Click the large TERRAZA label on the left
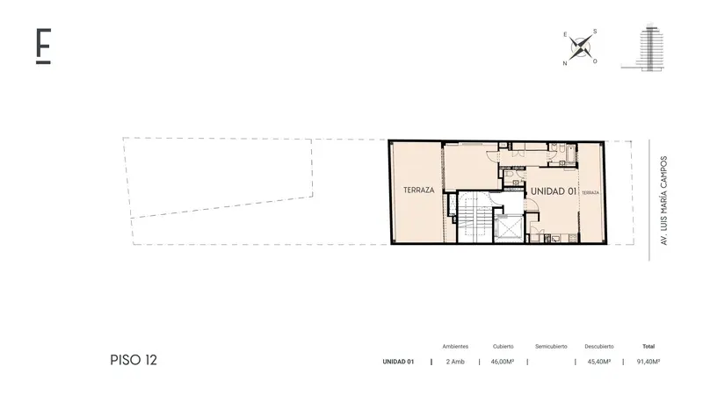(x=419, y=190)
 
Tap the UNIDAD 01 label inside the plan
(x=554, y=191)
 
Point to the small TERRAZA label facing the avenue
(x=590, y=192)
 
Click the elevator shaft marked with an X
(x=508, y=228)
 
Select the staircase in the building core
(x=475, y=217)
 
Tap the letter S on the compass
(x=595, y=32)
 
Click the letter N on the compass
(x=565, y=63)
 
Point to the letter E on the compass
(x=565, y=34)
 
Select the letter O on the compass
(x=595, y=61)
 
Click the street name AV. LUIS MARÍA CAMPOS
(x=664, y=200)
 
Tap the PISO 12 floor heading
(x=134, y=360)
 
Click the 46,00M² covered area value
(x=503, y=362)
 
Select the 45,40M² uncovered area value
(x=599, y=362)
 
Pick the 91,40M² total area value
(x=649, y=362)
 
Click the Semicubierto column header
(x=551, y=346)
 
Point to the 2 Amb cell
(x=455, y=362)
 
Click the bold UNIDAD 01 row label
(x=398, y=362)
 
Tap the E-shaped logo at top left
(x=43, y=47)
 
